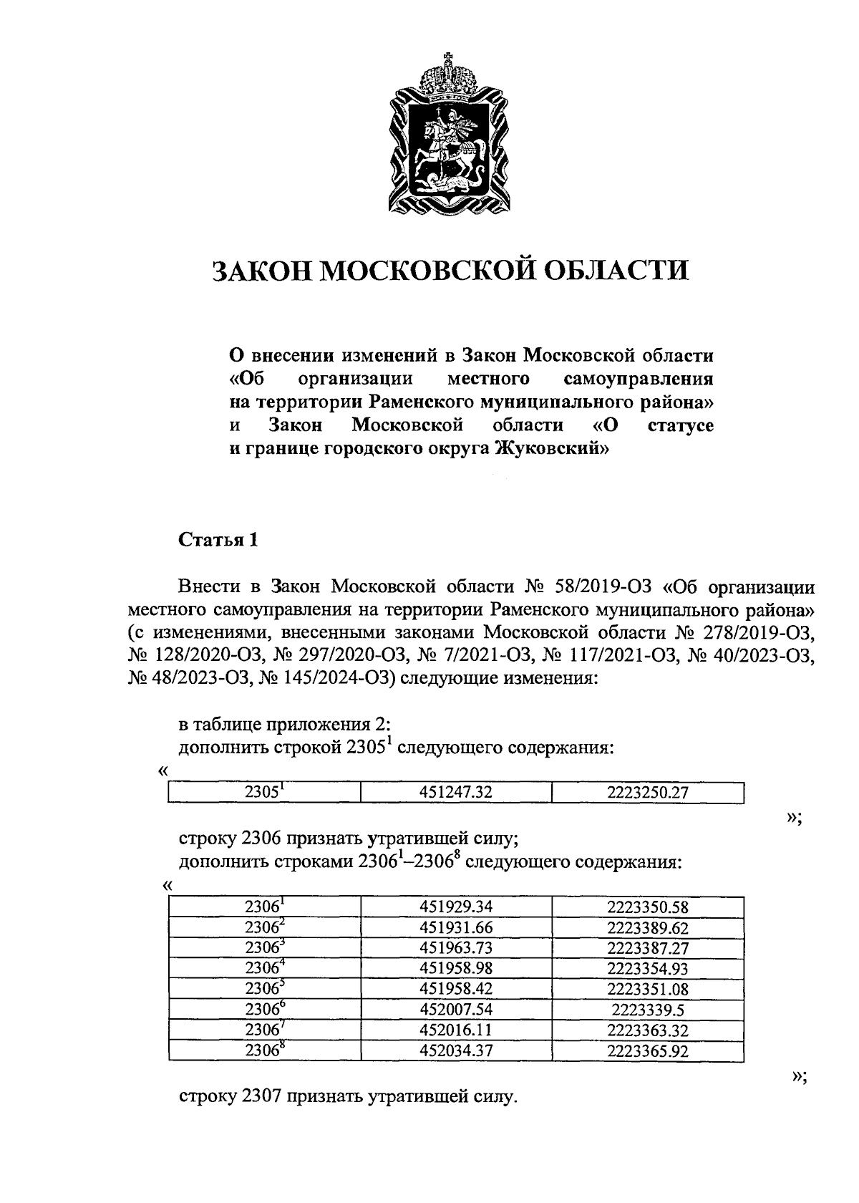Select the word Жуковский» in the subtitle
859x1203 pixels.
point(553,449)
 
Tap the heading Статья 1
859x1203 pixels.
point(218,540)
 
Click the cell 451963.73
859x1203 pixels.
point(456,948)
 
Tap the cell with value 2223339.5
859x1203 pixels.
point(648,1010)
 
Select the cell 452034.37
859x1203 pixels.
point(456,1051)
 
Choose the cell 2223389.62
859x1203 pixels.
point(648,927)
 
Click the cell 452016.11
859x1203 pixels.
point(456,1030)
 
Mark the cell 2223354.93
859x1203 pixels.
point(648,969)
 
